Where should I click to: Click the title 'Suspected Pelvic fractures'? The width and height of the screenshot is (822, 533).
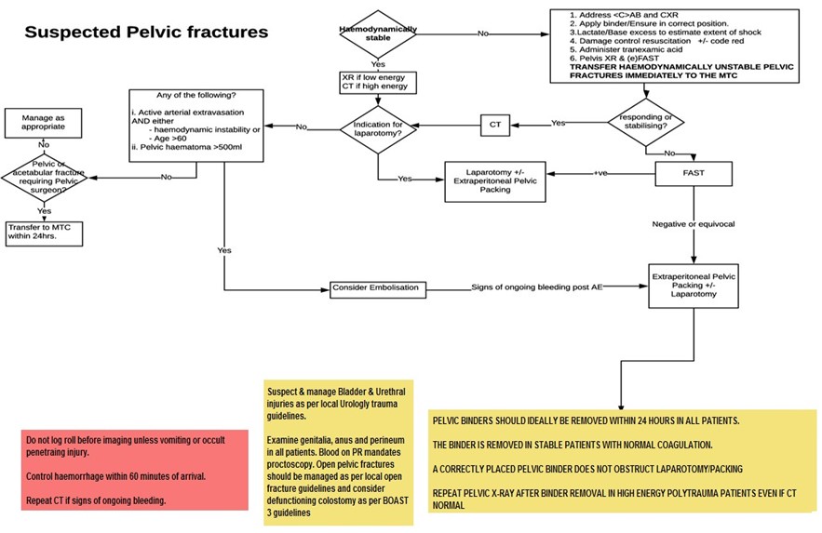(146, 33)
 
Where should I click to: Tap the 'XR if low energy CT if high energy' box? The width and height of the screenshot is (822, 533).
(378, 82)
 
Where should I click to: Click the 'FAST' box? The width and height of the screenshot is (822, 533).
(693, 173)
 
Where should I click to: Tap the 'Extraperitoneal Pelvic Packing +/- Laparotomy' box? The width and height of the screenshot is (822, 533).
(693, 286)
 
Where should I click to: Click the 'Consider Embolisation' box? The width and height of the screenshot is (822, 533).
(376, 288)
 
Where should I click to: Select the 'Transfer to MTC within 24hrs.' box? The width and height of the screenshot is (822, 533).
(44, 233)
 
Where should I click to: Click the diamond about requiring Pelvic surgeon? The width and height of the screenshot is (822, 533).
(44, 175)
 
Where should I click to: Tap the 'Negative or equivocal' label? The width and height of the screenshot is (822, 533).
(693, 223)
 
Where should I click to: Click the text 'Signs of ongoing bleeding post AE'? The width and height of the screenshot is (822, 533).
(536, 288)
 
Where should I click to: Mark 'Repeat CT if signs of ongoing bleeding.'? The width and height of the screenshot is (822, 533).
(96, 500)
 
